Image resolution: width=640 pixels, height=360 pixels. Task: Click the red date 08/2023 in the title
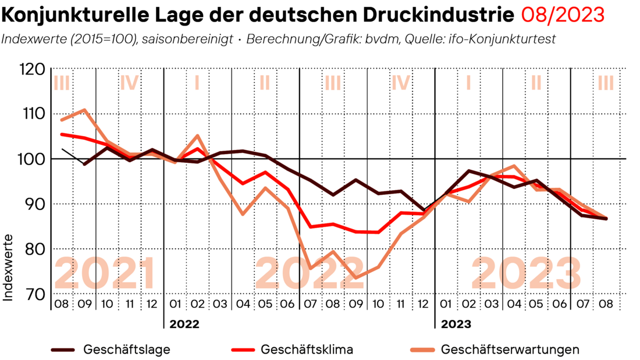tap(562, 15)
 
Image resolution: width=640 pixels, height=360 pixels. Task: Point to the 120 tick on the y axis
tap(48, 69)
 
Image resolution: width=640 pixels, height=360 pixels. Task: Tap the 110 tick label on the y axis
tap(48, 113)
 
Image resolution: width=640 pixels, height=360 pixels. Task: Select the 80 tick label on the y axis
tap(48, 249)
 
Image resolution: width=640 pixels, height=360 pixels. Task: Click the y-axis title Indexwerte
tap(9, 268)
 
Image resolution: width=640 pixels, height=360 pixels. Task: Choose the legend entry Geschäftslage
tap(127, 350)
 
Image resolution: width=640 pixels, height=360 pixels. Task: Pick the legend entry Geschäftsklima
tap(307, 350)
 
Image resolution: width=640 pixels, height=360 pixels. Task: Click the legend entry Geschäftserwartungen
tap(510, 350)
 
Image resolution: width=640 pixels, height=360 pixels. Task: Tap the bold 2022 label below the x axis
tap(184, 324)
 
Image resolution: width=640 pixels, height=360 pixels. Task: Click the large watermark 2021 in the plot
tap(106, 272)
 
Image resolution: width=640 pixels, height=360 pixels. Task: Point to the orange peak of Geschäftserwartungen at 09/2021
tap(85, 109)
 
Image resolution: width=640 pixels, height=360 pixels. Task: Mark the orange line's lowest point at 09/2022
tap(356, 277)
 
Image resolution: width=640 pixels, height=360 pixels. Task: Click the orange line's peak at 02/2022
tap(198, 136)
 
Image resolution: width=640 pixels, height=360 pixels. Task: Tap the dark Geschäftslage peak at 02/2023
tap(469, 171)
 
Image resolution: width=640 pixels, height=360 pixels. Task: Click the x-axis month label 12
tap(152, 303)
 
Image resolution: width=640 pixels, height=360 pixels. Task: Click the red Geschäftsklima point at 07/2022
tap(311, 227)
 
